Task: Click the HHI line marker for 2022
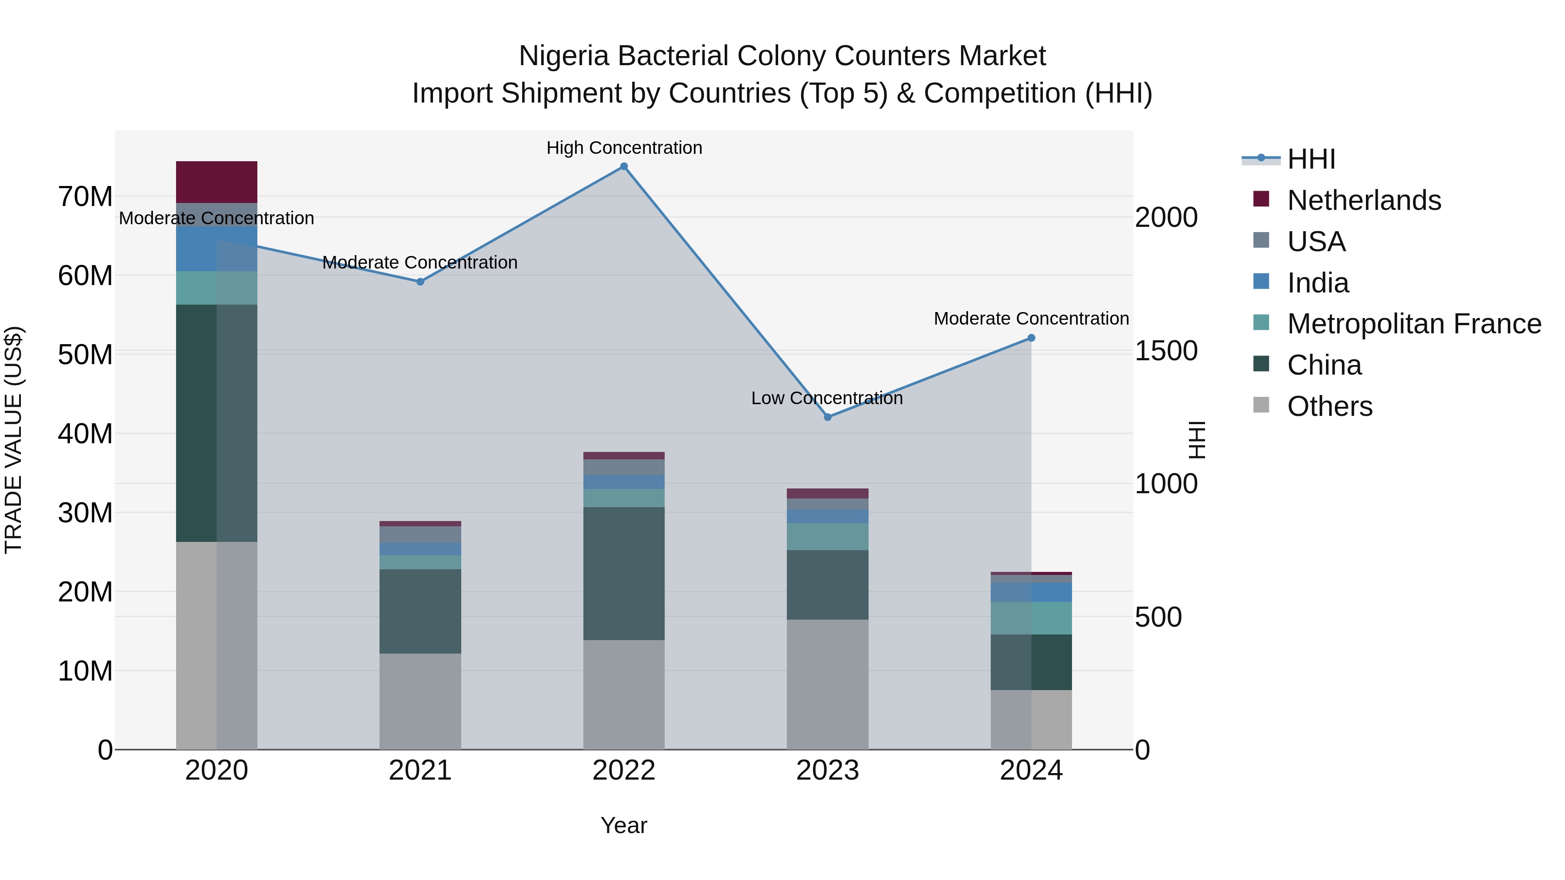point(623,166)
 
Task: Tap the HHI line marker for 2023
point(827,417)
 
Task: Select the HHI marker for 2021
point(420,282)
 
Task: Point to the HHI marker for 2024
point(1031,338)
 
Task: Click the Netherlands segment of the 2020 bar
point(216,182)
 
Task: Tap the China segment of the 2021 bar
point(420,611)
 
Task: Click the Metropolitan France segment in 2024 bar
point(1031,618)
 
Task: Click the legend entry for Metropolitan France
point(1413,324)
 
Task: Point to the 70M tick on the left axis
point(85,197)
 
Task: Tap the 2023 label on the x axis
point(827,770)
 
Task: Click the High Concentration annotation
point(624,148)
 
